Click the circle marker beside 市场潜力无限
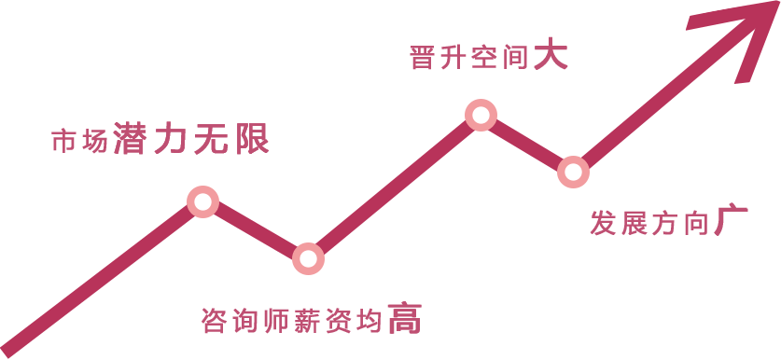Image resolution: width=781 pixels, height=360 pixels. pyautogui.click(x=202, y=201)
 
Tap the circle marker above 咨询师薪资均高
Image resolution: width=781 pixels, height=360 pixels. pyautogui.click(x=308, y=258)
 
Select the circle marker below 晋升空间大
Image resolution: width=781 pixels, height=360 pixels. pyautogui.click(x=481, y=115)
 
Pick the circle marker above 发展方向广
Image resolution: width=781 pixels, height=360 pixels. pyautogui.click(x=573, y=172)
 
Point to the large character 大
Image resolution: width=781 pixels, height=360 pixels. pyautogui.click(x=551, y=57)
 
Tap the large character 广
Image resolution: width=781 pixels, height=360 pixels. pyautogui.click(x=732, y=222)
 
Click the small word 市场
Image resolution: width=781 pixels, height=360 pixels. pyautogui.click(x=78, y=142)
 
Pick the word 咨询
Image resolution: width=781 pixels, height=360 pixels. pyautogui.click(x=230, y=322)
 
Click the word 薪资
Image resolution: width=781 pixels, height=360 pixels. pyautogui.click(x=321, y=322)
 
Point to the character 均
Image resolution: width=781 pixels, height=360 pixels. pyautogui.click(x=370, y=322)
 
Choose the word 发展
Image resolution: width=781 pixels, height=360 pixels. pyautogui.click(x=618, y=225)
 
